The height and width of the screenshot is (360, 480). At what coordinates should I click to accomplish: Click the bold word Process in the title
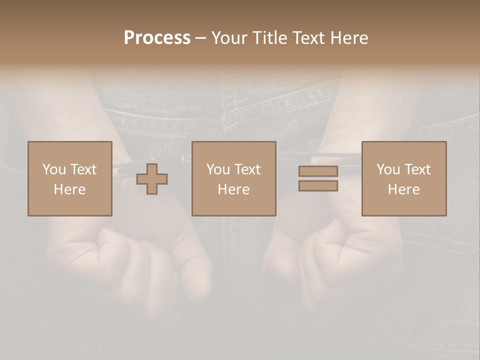(157, 38)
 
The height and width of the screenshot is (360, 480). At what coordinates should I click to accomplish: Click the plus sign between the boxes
(152, 178)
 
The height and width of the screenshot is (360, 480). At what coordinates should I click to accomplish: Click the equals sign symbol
(318, 178)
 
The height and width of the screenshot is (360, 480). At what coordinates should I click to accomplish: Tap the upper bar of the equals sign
(318, 171)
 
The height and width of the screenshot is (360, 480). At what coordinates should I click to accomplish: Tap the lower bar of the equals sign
(318, 186)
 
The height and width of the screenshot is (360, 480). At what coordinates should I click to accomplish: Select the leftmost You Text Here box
(70, 178)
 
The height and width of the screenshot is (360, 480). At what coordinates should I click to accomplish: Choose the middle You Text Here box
(233, 178)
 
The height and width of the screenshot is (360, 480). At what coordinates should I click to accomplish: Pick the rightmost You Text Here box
(404, 178)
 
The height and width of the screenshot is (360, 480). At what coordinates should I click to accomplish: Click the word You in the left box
(54, 169)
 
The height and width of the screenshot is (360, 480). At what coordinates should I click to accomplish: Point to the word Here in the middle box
(233, 189)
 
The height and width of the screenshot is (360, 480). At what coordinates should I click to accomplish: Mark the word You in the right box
(388, 169)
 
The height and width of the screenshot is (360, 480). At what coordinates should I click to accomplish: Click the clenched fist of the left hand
(145, 260)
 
